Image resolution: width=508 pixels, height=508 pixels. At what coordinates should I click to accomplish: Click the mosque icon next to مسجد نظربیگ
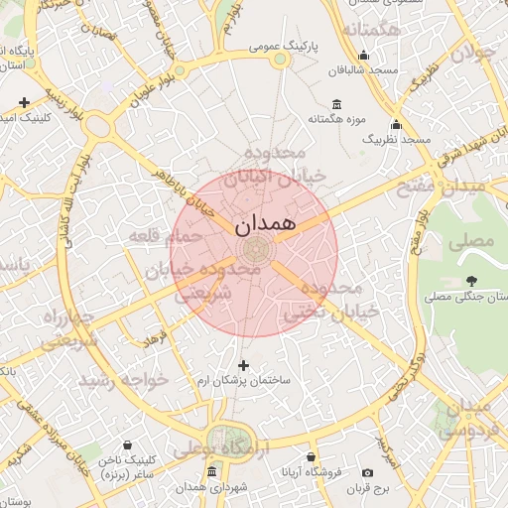click(396, 125)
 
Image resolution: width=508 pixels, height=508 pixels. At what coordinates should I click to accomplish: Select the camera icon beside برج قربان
click(368, 473)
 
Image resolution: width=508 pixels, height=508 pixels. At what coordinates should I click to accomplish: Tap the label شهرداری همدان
click(203, 488)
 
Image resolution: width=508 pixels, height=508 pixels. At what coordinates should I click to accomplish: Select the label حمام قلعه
click(165, 236)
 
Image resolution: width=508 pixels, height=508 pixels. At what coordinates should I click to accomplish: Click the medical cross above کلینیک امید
click(24, 102)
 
